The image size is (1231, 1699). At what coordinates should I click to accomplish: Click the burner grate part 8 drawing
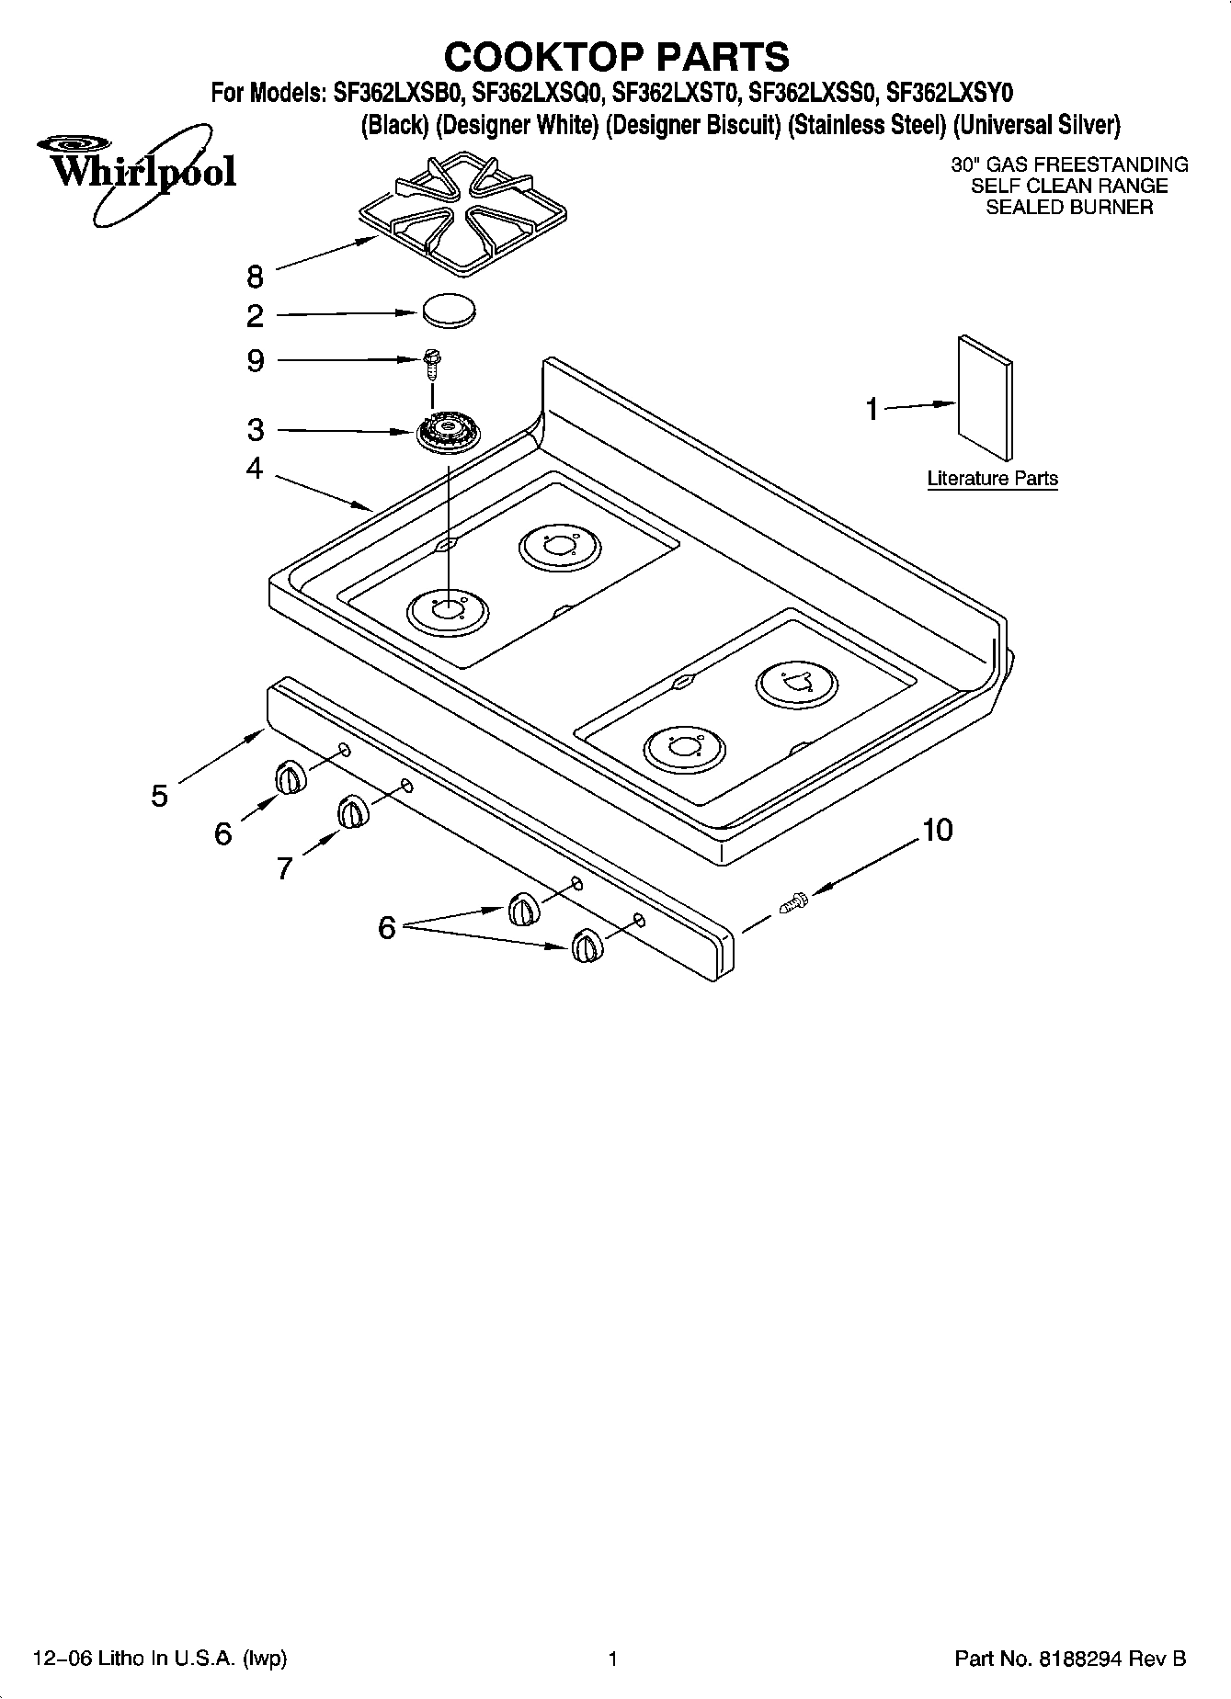coord(462,213)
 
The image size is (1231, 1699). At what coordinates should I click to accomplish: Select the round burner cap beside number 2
coord(450,309)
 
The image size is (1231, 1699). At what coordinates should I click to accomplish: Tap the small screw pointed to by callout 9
coord(431,361)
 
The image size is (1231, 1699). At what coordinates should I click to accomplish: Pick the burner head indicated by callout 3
coord(449,433)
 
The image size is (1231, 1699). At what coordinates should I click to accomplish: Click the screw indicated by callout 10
coord(793,903)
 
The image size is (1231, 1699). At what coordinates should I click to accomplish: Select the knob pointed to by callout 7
coord(352,813)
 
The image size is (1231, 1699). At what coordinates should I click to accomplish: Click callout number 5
coord(160,796)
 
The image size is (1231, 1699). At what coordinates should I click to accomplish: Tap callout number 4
coord(255,469)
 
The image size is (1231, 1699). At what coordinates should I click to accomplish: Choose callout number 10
coord(937,831)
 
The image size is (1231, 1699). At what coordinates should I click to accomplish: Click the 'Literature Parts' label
coord(992,479)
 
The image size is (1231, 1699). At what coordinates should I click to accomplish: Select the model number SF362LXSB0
coord(398,94)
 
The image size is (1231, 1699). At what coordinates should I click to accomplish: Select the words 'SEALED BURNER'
coord(1069,208)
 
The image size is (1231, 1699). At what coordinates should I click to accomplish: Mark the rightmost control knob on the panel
coord(587,946)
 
